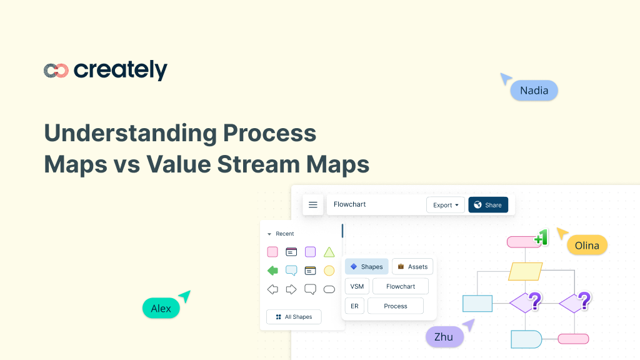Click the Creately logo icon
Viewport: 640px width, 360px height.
[x=56, y=71]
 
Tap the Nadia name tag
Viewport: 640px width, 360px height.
[x=534, y=91]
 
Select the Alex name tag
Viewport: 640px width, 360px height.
[x=161, y=308]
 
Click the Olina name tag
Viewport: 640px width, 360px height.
[x=587, y=245]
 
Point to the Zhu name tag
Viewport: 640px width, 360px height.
[x=444, y=337]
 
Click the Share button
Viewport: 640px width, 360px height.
[x=487, y=205]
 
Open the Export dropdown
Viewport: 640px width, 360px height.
[x=446, y=205]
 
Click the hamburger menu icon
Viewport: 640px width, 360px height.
[x=313, y=205]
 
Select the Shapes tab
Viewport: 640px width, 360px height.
[x=366, y=267]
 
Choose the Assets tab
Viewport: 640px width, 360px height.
[x=412, y=267]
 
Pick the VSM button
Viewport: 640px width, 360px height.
[x=357, y=286]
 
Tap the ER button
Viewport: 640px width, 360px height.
[x=354, y=306]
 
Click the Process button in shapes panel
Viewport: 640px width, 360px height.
[x=396, y=306]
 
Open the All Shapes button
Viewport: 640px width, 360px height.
[x=294, y=317]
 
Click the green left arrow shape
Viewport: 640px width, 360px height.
[x=272, y=271]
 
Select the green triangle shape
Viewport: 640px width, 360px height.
[x=329, y=252]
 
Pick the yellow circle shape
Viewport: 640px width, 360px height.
[x=329, y=271]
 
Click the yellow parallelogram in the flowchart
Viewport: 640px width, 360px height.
[x=524, y=271]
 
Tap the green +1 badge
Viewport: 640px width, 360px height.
[x=541, y=238]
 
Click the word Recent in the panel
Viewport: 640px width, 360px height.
[x=285, y=234]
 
